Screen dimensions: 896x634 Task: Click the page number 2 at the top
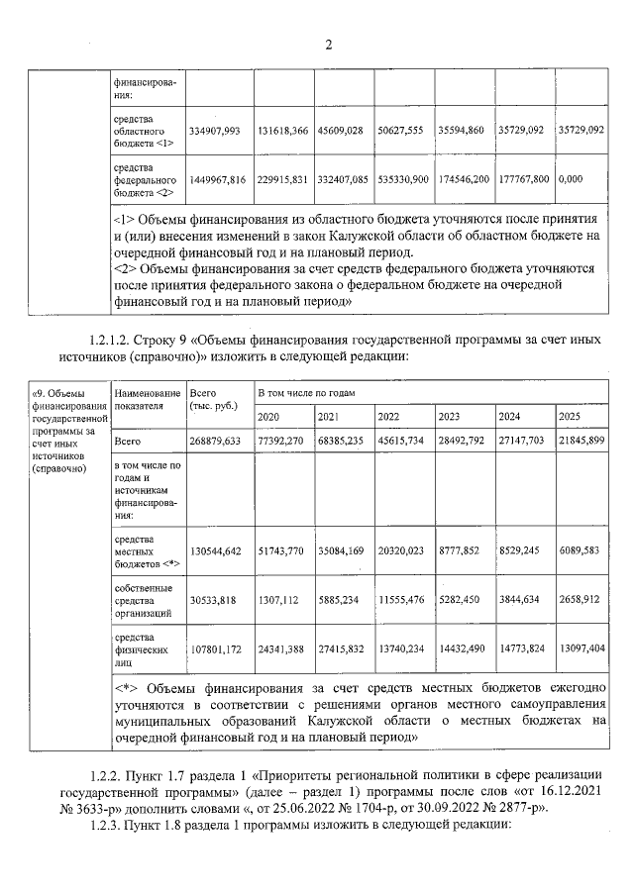pos(328,44)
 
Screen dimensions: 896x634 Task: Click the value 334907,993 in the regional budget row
pos(215,130)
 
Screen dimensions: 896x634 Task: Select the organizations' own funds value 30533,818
pos(213,600)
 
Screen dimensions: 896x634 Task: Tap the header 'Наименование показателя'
pos(147,399)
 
